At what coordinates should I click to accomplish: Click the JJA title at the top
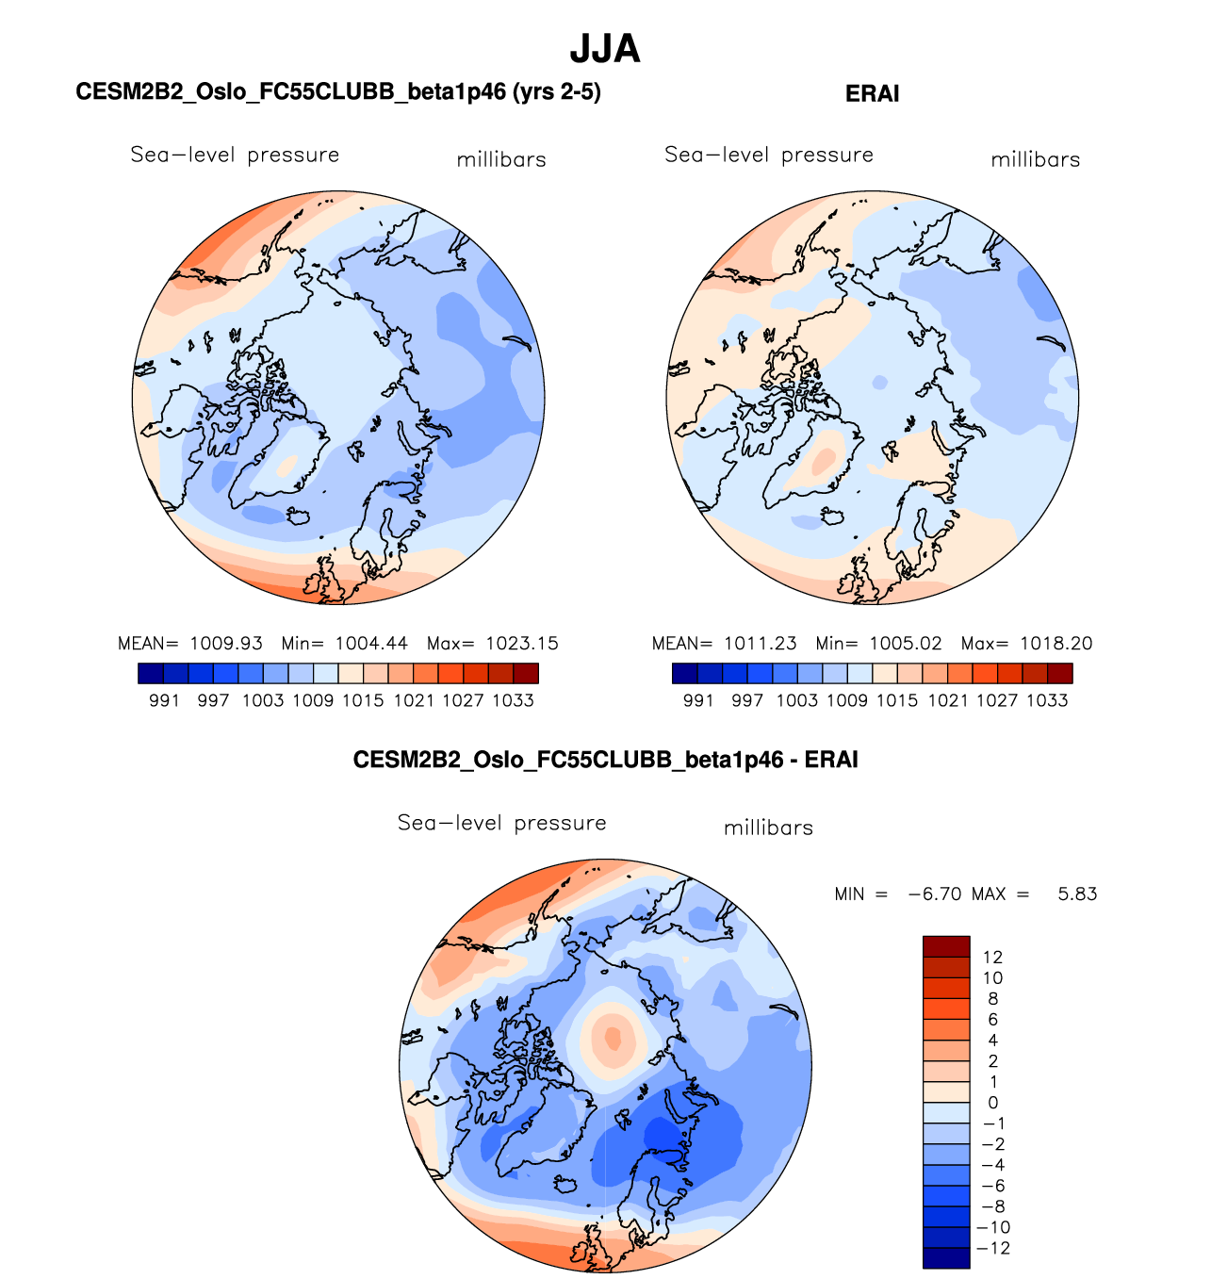click(x=605, y=49)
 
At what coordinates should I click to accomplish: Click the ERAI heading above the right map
click(x=872, y=93)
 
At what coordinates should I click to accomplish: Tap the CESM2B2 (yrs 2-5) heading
click(x=338, y=91)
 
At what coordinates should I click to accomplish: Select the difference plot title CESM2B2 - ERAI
click(x=605, y=760)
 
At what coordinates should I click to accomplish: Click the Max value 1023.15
click(x=522, y=644)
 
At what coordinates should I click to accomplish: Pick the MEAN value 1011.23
click(x=760, y=644)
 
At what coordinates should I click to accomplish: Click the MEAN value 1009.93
click(x=226, y=644)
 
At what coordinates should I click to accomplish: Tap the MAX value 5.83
click(x=1077, y=894)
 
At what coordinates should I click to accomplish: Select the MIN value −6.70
click(x=934, y=894)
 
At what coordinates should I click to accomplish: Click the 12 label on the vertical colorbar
click(x=992, y=958)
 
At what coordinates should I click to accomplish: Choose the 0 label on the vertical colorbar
click(x=993, y=1103)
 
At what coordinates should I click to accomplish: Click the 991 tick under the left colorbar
click(x=164, y=700)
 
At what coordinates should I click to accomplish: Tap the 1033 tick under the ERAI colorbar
click(x=1047, y=700)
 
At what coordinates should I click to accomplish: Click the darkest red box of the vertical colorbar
click(x=946, y=946)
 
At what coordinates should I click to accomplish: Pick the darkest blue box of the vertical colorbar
click(x=946, y=1258)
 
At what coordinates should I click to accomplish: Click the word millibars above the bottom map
click(x=768, y=828)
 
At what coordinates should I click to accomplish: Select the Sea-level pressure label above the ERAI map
click(x=769, y=155)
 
